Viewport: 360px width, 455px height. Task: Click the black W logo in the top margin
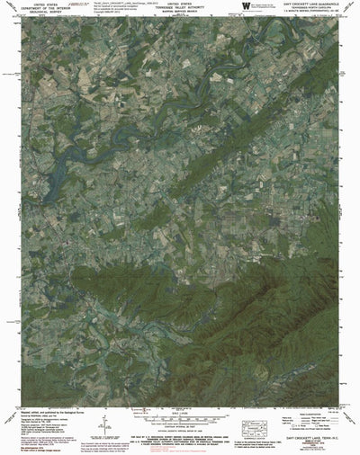(236, 8)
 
